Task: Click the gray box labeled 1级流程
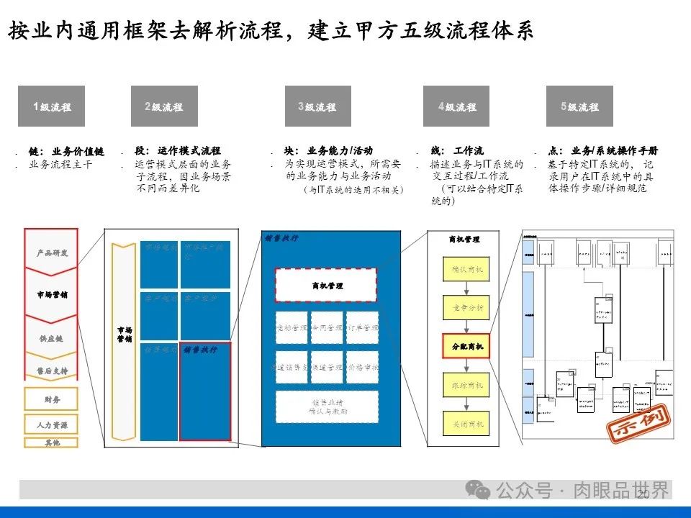(51, 106)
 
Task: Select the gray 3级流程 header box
(317, 106)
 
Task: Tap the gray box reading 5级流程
(579, 106)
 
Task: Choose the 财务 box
(51, 399)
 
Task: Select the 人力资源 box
(51, 424)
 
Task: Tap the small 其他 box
(51, 442)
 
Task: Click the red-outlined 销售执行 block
(205, 391)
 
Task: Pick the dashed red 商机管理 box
(327, 286)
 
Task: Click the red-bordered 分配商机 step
(466, 346)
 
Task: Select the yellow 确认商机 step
(466, 268)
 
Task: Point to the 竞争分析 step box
(466, 308)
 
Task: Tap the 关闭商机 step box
(466, 424)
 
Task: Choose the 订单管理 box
(362, 327)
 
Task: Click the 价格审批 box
(362, 367)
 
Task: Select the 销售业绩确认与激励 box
(327, 407)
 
